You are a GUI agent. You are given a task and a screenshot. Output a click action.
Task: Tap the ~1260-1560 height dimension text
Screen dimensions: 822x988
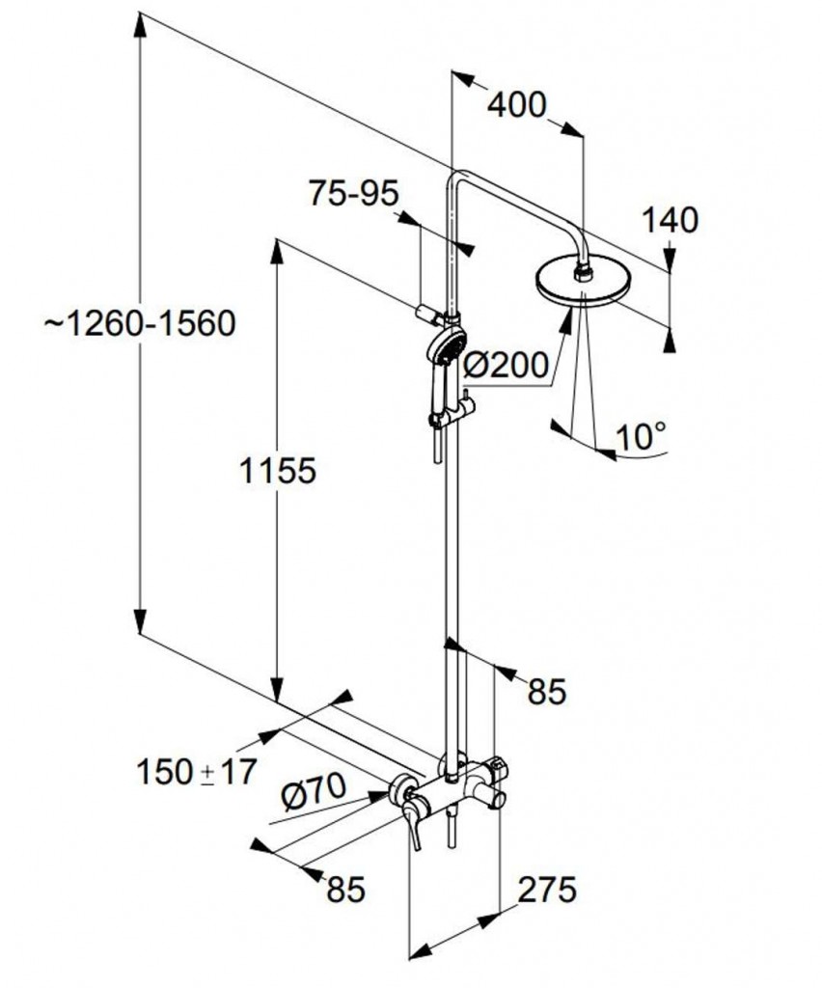tap(140, 324)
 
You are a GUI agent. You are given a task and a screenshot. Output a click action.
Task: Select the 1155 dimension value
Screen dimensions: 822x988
tap(277, 470)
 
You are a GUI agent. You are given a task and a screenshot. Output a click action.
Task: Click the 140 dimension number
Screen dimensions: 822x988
tap(670, 221)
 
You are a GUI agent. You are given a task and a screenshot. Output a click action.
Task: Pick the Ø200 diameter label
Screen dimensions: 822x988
tap(506, 365)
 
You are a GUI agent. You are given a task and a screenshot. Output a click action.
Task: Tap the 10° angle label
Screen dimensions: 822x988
tap(640, 436)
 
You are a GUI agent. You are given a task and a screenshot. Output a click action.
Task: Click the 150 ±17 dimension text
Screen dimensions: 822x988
tap(197, 772)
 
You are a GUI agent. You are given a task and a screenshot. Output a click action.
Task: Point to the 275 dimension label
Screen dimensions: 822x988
tap(547, 889)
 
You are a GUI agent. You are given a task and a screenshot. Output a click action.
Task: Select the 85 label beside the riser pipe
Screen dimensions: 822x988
tap(547, 691)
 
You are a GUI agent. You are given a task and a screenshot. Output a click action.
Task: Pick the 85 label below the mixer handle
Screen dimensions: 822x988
tap(345, 889)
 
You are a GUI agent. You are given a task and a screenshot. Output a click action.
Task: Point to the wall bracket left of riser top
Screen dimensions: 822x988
tap(428, 314)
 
